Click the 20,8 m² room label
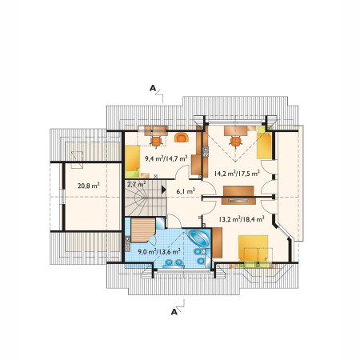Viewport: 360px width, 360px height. tap(89, 186)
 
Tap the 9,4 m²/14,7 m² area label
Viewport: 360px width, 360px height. tap(166, 158)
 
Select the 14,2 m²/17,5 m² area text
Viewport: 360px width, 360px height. tap(237, 174)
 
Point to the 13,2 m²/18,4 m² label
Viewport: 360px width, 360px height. tap(242, 219)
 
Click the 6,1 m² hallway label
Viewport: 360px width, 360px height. tap(186, 191)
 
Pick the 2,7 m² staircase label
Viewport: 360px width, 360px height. tap(136, 184)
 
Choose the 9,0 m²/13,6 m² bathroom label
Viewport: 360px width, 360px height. tap(159, 251)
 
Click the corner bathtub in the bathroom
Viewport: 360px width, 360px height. tap(199, 238)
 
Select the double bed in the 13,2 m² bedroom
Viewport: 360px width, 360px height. tap(253, 251)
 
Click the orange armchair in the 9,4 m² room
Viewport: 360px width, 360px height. tap(182, 138)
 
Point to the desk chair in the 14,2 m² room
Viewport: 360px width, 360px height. tap(236, 142)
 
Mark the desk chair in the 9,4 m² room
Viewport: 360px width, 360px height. tap(156, 141)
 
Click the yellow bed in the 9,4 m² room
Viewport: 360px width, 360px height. tap(133, 162)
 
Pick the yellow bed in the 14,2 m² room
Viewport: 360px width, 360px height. tap(264, 142)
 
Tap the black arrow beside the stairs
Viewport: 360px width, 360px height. tap(163, 190)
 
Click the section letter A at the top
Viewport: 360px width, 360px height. tap(153, 88)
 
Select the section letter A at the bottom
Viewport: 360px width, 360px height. tap(174, 312)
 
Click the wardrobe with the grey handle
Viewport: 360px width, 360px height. tap(238, 201)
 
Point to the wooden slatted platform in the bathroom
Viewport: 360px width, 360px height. tap(142, 230)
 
